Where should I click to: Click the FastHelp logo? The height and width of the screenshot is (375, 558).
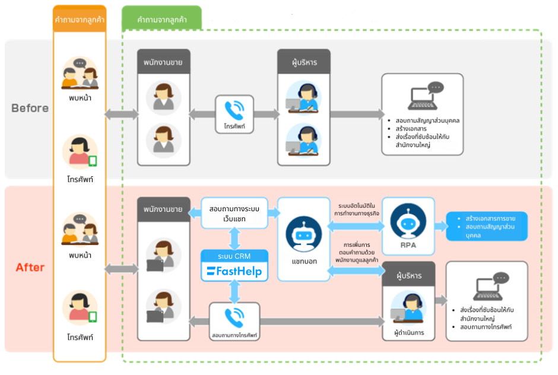coord(234,272)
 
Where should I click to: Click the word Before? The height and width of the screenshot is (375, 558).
coord(30,108)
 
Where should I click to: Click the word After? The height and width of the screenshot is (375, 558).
coord(30,268)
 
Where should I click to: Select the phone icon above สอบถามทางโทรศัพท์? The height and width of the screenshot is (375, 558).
coord(234,316)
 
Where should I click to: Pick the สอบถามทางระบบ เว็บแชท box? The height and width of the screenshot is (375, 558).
coord(234,214)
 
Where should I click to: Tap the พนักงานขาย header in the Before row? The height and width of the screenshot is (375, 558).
coord(163,62)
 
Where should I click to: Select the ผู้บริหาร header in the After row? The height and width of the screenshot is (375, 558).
coord(408,276)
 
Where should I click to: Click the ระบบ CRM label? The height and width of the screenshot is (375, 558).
coord(234,256)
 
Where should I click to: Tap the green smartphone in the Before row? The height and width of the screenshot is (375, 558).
coord(93,161)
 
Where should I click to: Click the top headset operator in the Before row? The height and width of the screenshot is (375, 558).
coord(303,97)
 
